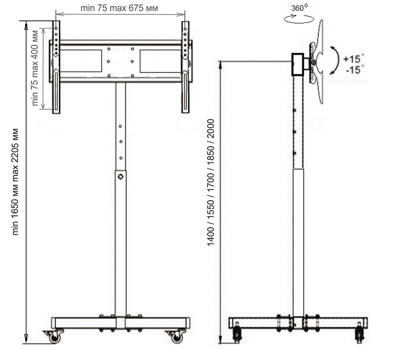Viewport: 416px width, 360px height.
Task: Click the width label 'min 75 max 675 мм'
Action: [x=119, y=8]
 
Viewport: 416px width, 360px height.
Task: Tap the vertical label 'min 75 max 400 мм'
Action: [x=35, y=68]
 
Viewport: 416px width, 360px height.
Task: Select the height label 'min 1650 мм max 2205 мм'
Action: [x=15, y=182]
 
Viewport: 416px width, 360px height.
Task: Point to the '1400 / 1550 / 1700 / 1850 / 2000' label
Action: [x=211, y=183]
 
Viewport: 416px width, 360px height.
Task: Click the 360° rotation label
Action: [x=300, y=8]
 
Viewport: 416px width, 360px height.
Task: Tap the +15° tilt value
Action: [x=354, y=58]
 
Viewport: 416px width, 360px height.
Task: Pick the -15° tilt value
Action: [x=355, y=69]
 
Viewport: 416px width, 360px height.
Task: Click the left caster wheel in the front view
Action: [x=55, y=337]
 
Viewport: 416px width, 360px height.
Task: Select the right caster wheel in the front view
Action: [x=176, y=337]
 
